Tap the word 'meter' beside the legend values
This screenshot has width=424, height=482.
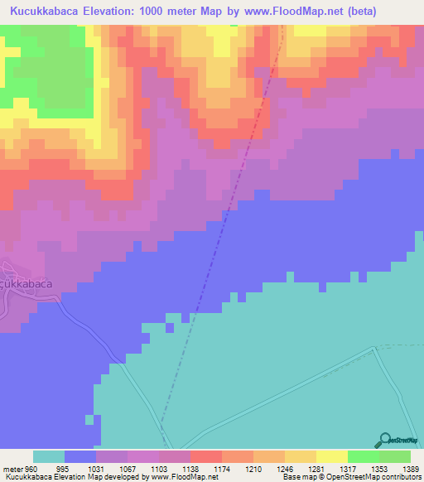click(12, 468)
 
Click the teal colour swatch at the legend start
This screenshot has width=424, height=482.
click(48, 456)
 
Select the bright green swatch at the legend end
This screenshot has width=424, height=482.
click(394, 456)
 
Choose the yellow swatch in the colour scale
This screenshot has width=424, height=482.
click(331, 456)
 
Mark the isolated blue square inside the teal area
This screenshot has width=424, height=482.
click(89, 420)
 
